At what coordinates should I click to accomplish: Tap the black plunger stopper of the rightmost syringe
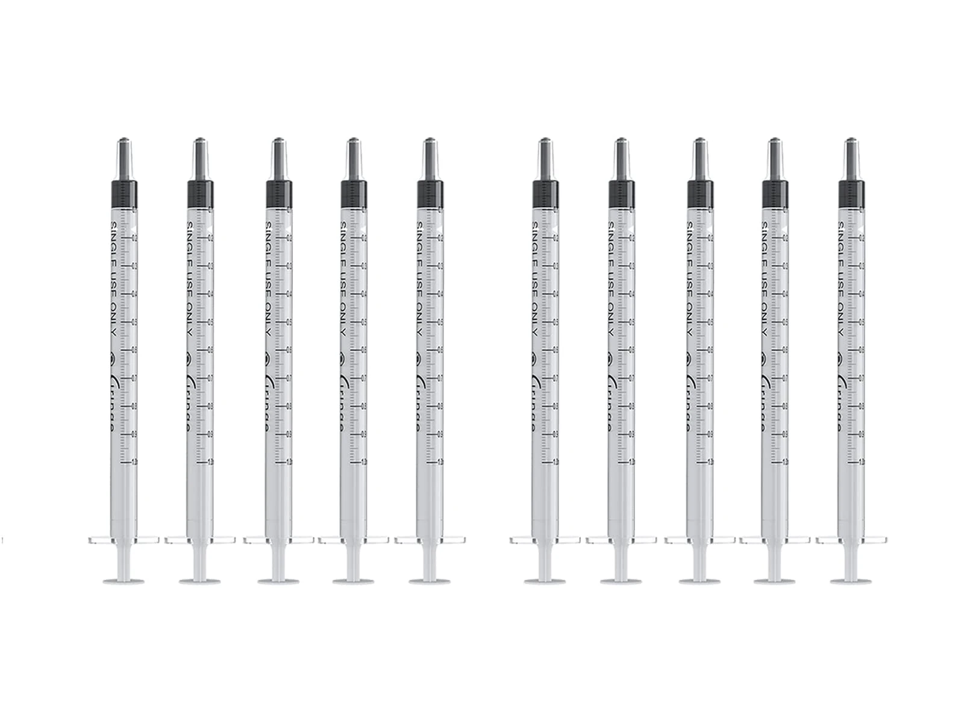pos(851,192)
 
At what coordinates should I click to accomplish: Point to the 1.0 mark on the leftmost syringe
pos(134,462)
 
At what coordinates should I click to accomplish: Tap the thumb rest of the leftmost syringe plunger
pos(123,581)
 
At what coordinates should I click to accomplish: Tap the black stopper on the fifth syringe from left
pos(429,192)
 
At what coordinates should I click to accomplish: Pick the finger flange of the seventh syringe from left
pos(621,539)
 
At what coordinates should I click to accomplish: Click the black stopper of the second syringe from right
pos(774,192)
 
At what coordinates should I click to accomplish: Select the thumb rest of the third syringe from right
pos(700,581)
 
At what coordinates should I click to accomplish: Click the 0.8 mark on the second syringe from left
pos(211,405)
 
